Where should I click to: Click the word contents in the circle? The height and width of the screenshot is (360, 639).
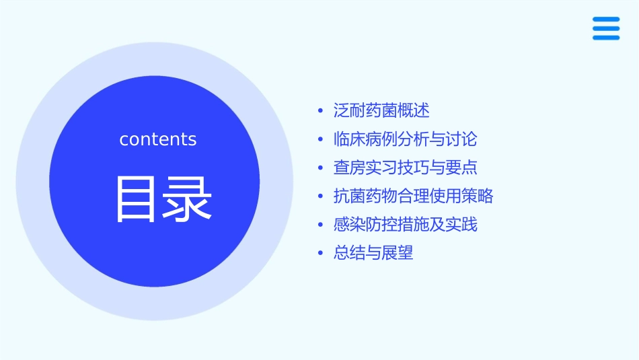click(x=158, y=139)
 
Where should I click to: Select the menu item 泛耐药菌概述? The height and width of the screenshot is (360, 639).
click(x=381, y=110)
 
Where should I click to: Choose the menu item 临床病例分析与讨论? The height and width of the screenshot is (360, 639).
click(x=405, y=139)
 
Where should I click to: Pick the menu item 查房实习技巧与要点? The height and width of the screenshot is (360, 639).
click(x=405, y=168)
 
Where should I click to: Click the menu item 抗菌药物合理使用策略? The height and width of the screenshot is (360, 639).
click(x=413, y=196)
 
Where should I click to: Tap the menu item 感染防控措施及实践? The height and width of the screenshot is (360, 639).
click(x=405, y=225)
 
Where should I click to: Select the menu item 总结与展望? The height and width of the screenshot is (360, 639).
click(x=373, y=253)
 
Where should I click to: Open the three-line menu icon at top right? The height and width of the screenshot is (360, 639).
click(x=606, y=28)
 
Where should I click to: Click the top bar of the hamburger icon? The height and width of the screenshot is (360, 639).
click(x=606, y=20)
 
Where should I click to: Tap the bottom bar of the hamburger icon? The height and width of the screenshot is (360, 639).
click(x=606, y=38)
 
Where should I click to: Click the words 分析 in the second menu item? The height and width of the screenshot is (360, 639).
click(x=413, y=139)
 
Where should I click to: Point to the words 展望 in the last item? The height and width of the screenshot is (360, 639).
click(x=397, y=253)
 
